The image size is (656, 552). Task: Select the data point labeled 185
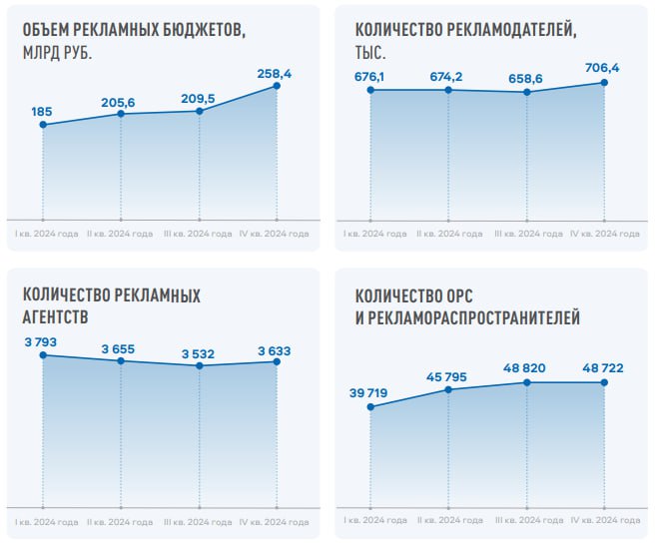point(42,125)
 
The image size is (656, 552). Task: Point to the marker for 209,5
point(200,110)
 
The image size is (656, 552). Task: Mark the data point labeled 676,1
point(369,90)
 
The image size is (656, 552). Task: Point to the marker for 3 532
point(200,365)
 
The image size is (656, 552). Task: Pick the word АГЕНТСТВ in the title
point(55,317)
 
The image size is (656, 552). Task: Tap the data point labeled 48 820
point(526,382)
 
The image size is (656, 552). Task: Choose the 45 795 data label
point(449,375)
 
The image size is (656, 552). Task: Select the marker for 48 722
point(605,382)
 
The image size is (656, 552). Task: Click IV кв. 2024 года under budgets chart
point(278,234)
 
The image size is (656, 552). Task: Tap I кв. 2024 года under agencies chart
point(42,523)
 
